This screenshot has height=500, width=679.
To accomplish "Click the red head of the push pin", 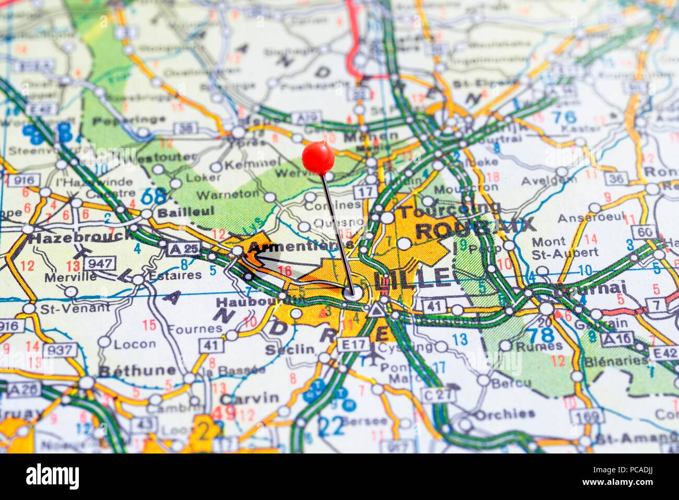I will click(x=318, y=157).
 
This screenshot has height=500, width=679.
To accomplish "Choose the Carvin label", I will click(x=249, y=398).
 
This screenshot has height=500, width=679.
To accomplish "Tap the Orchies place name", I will click(x=505, y=414).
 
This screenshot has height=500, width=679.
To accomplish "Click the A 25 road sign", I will click(x=184, y=249).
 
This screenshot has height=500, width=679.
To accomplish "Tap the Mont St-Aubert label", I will click(x=565, y=247).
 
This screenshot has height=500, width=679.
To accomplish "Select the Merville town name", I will click(x=71, y=277).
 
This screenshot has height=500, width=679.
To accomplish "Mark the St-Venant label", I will click(x=75, y=307).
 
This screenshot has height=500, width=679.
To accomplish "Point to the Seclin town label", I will click(x=290, y=350).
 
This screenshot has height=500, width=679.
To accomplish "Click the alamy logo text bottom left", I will click(x=52, y=476).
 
